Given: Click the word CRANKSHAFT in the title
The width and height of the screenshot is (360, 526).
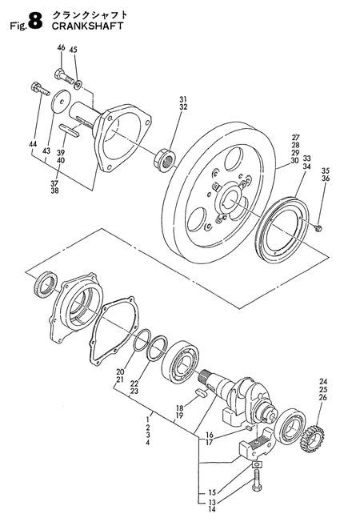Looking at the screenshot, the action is pos(87,26).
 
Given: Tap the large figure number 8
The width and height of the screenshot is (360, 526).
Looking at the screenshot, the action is pos(35,22).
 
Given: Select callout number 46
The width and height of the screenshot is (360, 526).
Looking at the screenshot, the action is pos(61,47).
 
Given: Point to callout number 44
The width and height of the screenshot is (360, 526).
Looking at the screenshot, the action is pos(33,144).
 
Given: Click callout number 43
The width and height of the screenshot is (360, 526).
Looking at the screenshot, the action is pos(46,151).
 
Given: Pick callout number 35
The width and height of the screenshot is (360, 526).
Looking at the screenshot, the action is pos(326,170).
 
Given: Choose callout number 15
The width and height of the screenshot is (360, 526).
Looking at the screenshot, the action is pos(211,493).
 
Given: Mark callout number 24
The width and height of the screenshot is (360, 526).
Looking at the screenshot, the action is pos(322,382).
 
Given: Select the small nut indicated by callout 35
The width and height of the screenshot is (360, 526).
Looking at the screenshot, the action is pos(318,228).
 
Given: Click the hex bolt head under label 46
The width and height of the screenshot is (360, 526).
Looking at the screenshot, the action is pos(58,74).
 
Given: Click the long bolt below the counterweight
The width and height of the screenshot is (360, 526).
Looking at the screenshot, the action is pos(257,479).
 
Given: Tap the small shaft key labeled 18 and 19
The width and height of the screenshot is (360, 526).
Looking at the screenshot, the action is pos(201,392).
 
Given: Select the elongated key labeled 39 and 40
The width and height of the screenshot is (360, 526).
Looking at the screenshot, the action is pos(70,130).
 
